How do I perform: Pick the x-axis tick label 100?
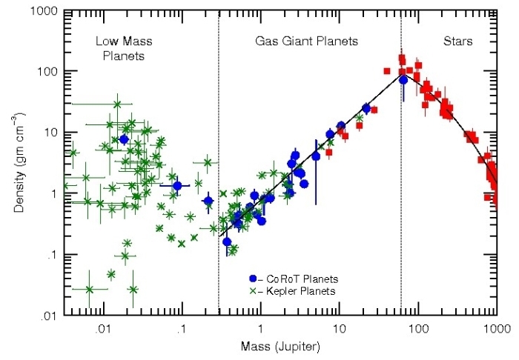(x=418, y=328)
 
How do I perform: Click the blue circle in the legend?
(x=253, y=279)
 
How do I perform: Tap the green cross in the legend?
(x=253, y=291)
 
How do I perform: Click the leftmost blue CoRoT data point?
(x=124, y=139)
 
